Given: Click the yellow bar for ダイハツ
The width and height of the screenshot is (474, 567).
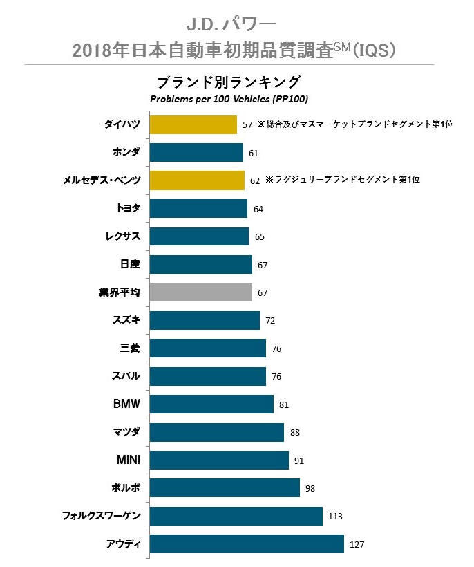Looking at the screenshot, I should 193,124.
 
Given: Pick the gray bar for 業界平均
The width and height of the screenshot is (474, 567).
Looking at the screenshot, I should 200,292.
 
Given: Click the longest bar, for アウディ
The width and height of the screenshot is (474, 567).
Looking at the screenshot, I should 247,544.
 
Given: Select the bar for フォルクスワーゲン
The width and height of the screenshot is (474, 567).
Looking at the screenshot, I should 236,516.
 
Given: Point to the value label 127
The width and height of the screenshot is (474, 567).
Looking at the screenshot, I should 357,545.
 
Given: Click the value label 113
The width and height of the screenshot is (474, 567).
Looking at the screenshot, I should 336,517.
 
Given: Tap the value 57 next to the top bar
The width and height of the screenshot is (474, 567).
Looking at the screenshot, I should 247,125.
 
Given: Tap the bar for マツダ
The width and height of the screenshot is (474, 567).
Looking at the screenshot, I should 216,432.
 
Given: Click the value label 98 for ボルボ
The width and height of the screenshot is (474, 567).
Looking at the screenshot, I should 310,489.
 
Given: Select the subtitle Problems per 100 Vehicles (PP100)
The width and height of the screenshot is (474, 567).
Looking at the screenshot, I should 229,100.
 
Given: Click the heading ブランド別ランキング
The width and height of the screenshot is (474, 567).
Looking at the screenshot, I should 229,82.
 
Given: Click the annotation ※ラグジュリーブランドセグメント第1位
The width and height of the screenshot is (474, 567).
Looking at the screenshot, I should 343,180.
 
